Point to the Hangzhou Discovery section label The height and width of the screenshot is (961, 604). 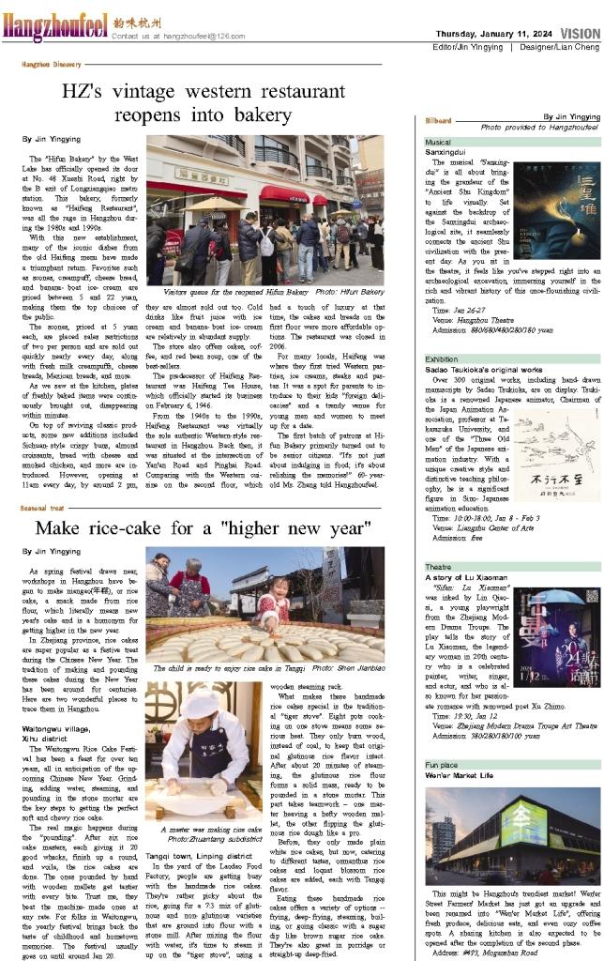coord(52,64)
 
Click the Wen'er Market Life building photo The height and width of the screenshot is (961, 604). coord(511,833)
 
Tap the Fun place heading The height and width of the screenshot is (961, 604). coord(441,766)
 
